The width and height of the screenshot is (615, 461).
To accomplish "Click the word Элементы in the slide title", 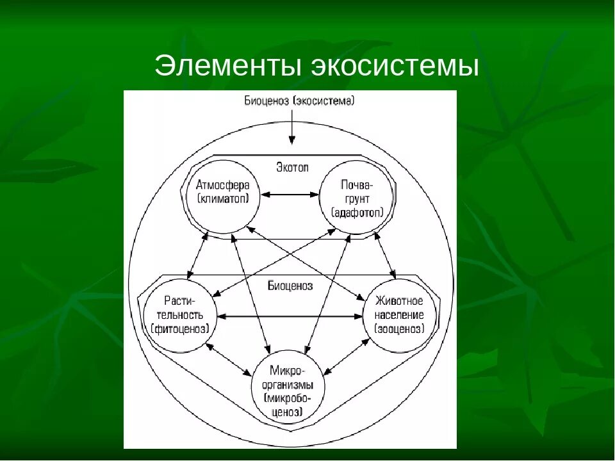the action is pyautogui.click(x=228, y=67).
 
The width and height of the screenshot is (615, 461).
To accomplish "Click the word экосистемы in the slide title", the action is pyautogui.click(x=395, y=67).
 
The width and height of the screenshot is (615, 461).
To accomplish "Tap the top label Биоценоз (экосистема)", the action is pyautogui.click(x=299, y=101).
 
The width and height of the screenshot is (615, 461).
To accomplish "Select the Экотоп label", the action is pyautogui.click(x=292, y=167).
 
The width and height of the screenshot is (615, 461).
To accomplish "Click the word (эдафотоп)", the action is pyautogui.click(x=357, y=213).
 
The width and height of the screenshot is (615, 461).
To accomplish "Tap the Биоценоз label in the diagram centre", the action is pyautogui.click(x=290, y=286).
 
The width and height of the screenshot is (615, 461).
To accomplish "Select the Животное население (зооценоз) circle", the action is pyautogui.click(x=399, y=316).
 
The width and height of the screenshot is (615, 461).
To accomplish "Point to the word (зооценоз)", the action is pyautogui.click(x=399, y=329).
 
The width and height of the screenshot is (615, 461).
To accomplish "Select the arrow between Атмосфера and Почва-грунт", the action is pyautogui.click(x=291, y=193).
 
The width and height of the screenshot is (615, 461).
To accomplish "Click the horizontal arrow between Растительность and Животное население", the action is pyautogui.click(x=290, y=316).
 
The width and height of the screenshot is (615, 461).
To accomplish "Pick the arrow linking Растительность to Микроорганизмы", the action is pyautogui.click(x=229, y=359).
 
